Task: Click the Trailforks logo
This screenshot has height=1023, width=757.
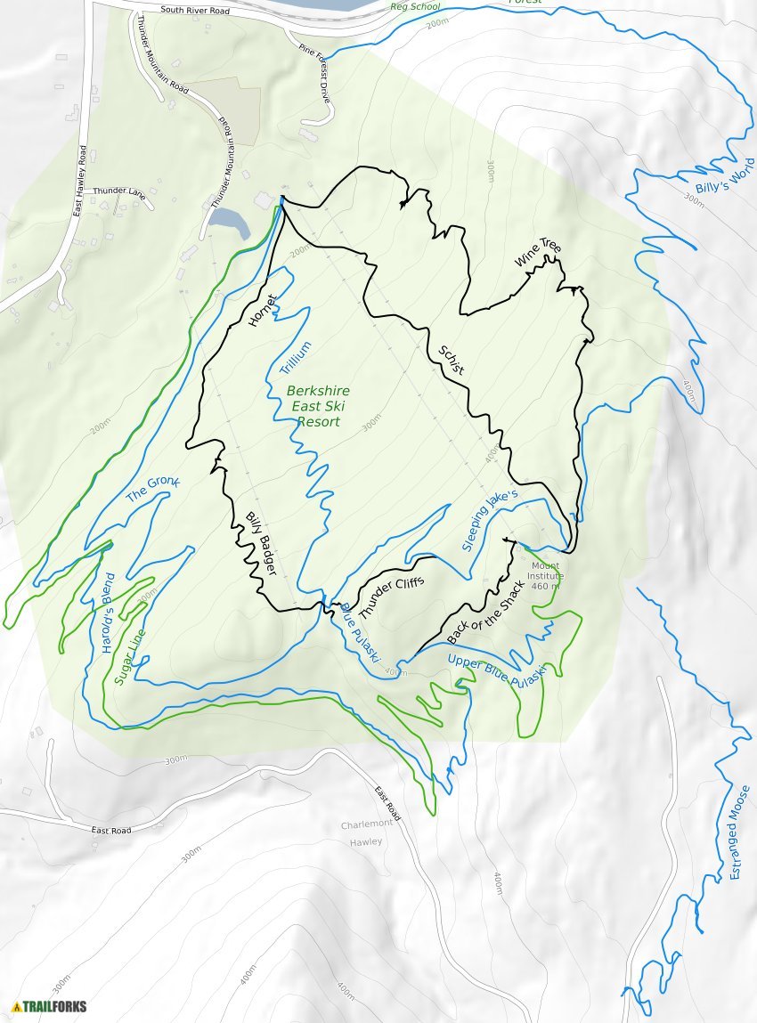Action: [50, 1006]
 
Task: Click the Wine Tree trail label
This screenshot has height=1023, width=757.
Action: [538, 252]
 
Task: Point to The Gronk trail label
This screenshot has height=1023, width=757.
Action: [152, 489]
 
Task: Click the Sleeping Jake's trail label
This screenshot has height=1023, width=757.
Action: [490, 520]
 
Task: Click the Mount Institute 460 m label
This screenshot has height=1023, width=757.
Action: [545, 575]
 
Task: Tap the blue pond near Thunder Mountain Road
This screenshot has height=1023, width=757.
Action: [230, 223]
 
